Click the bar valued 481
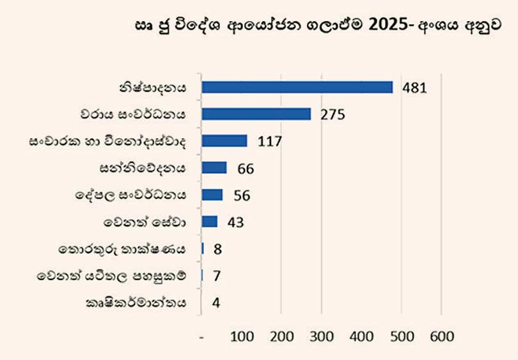point(297,87)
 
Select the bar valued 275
point(256,114)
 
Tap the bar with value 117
point(224,141)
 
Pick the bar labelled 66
point(214,168)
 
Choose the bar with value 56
point(212,194)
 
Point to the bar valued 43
point(210,221)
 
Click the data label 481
point(414,88)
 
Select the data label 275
point(333,115)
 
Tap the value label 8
point(217,249)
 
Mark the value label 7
point(216,276)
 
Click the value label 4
point(216,302)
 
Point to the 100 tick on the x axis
point(242,336)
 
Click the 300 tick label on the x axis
point(322,336)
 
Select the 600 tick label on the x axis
point(441,336)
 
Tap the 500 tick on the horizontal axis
point(402,336)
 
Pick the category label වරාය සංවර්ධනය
point(142,114)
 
